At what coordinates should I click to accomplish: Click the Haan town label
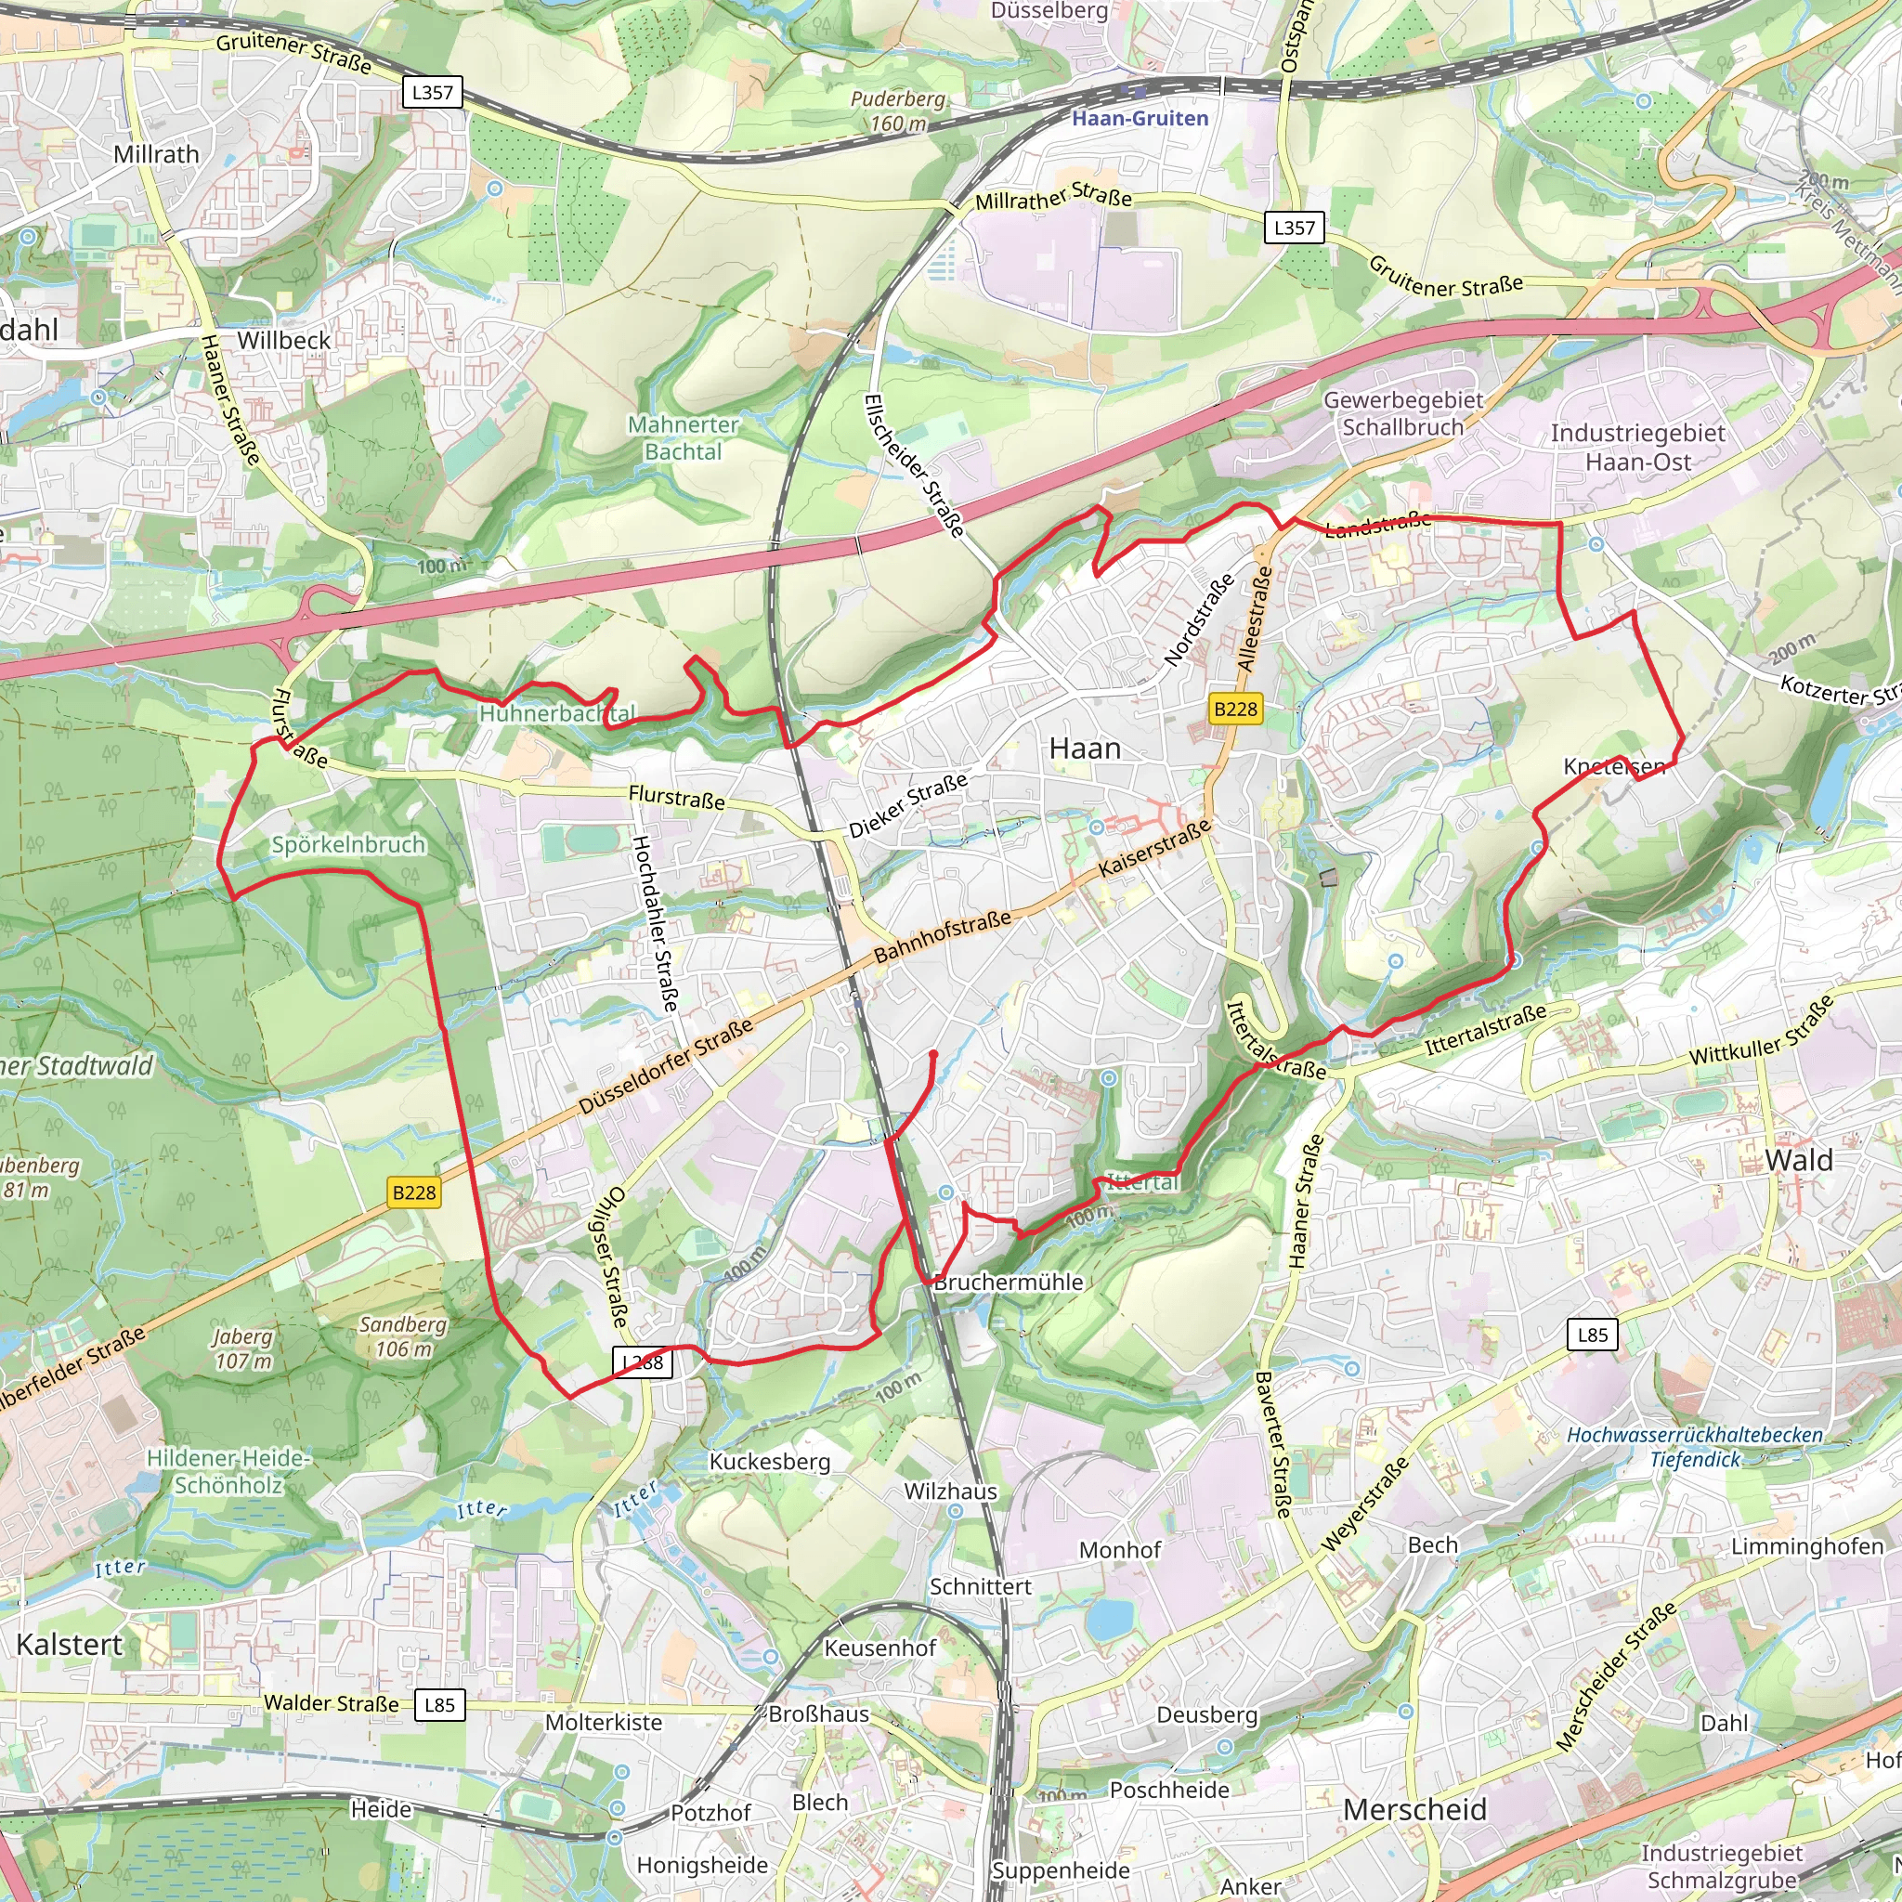(1085, 749)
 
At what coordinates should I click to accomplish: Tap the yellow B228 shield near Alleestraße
(1235, 709)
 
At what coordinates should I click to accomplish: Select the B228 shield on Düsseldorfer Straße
(413, 1192)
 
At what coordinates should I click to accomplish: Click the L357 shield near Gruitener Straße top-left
(432, 93)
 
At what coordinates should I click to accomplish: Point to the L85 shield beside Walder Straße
(439, 1704)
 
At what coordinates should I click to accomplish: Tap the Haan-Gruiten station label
(1140, 118)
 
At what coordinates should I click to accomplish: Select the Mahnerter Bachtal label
(684, 438)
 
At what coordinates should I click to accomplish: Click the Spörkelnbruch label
(348, 845)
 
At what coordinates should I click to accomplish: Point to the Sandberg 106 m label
(403, 1335)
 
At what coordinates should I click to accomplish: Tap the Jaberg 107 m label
(242, 1348)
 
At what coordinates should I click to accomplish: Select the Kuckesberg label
(770, 1461)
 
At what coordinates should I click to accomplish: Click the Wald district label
(1799, 1160)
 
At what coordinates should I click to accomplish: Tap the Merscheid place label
(1414, 1809)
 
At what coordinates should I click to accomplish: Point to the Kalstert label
(69, 1644)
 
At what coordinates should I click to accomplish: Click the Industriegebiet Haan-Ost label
(1637, 447)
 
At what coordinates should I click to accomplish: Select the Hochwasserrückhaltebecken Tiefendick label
(1694, 1447)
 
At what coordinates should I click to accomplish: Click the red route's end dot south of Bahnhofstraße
(933, 1054)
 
